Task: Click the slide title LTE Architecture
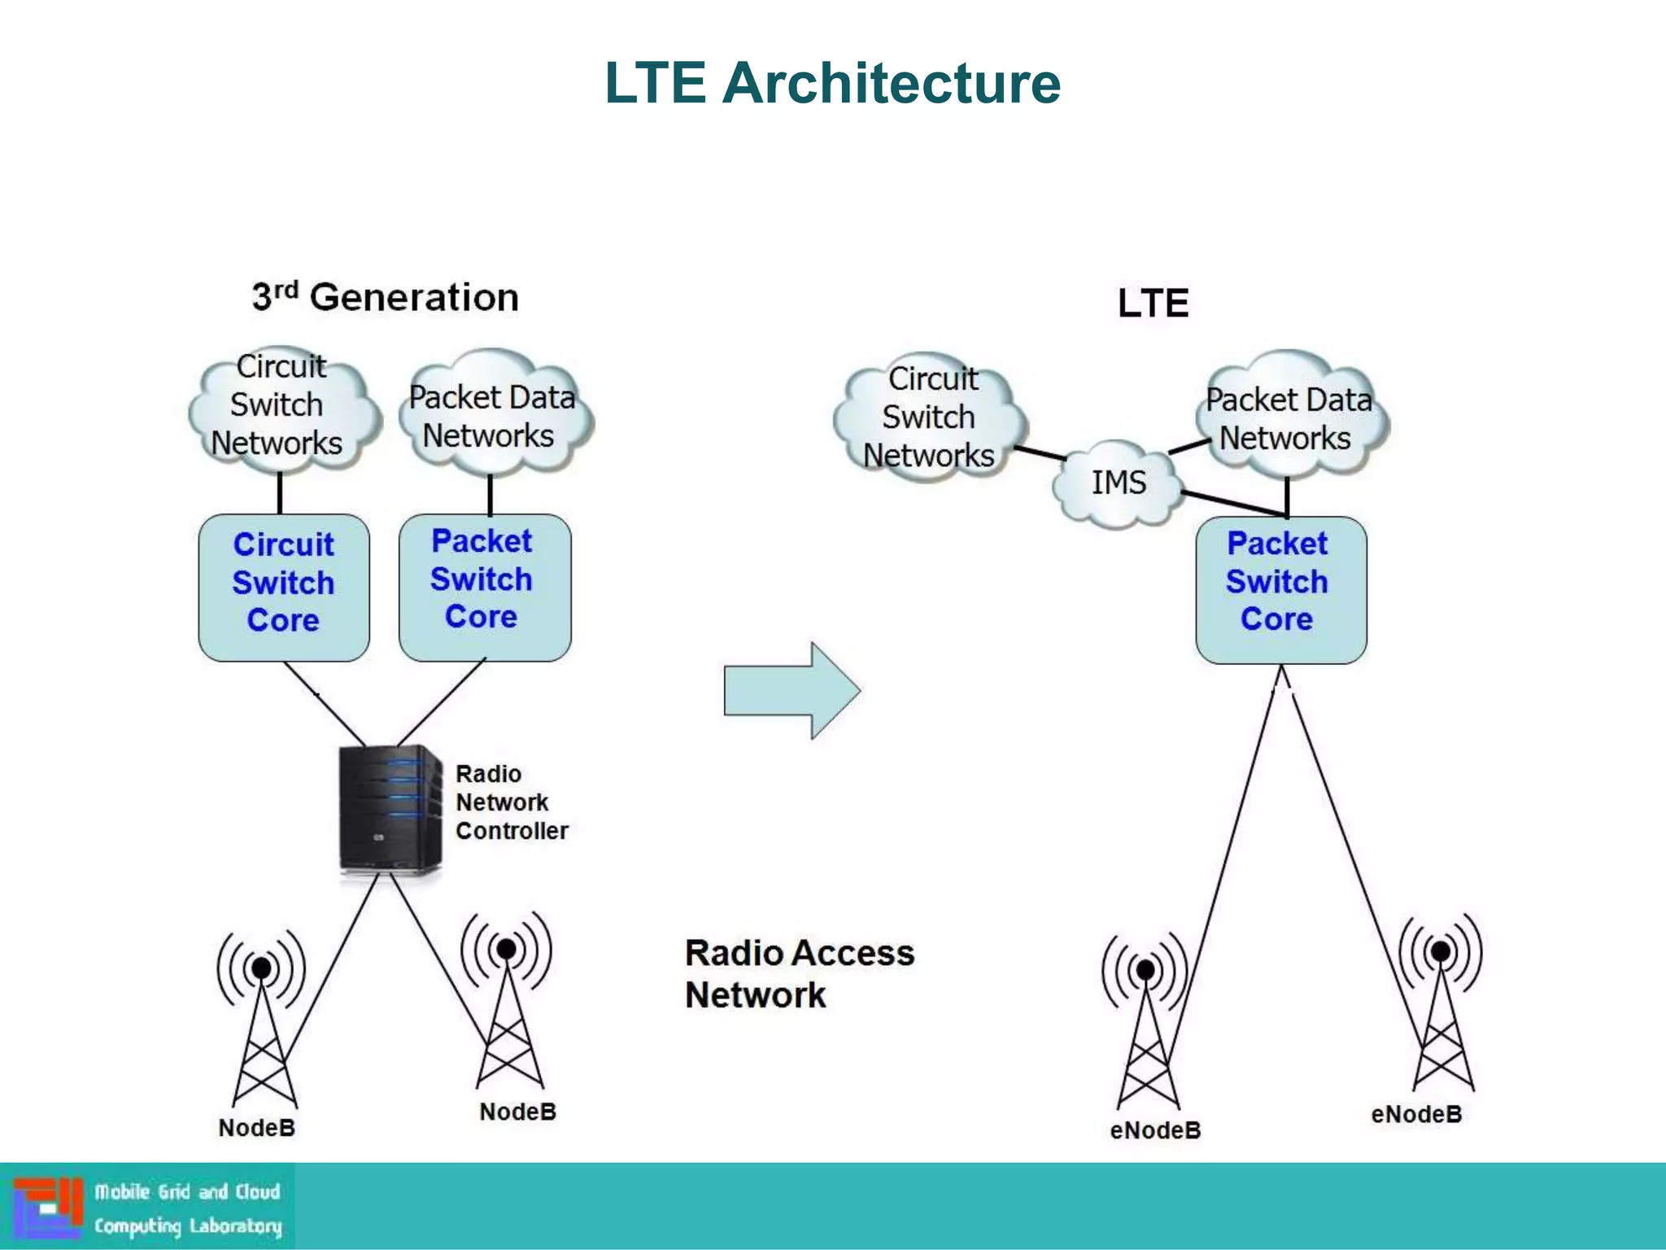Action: point(832,83)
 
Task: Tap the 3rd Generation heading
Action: point(385,297)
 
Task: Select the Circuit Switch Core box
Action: point(283,586)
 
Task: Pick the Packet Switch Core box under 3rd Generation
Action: point(484,586)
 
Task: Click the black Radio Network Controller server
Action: point(389,809)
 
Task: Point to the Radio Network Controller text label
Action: point(510,802)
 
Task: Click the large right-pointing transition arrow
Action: point(791,690)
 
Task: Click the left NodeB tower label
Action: point(256,1128)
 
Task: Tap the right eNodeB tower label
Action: point(1415,1114)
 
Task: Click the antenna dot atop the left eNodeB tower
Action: point(1145,969)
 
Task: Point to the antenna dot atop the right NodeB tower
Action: point(506,948)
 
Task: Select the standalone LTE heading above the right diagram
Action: point(1153,304)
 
